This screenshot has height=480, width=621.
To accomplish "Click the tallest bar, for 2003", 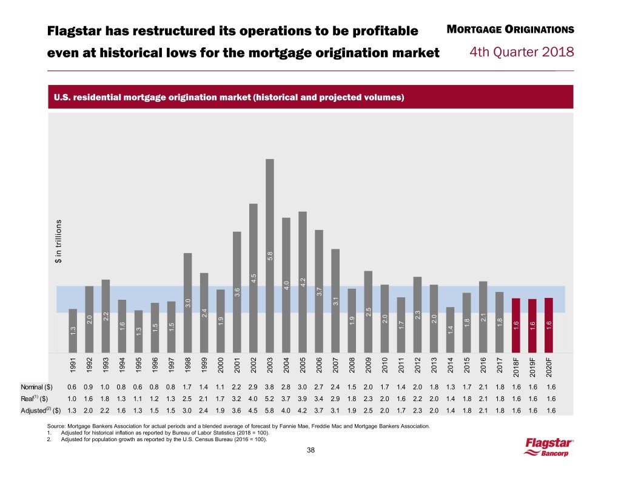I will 270,255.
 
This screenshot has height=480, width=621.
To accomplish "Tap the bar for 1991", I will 73,331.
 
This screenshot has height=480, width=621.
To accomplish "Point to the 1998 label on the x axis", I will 187,368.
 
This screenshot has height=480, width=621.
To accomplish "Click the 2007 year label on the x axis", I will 335,368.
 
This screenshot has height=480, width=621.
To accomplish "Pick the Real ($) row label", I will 52,398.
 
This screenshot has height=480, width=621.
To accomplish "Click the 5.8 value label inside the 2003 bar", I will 270,256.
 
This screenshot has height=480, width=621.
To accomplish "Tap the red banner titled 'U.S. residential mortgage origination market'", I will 310,97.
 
